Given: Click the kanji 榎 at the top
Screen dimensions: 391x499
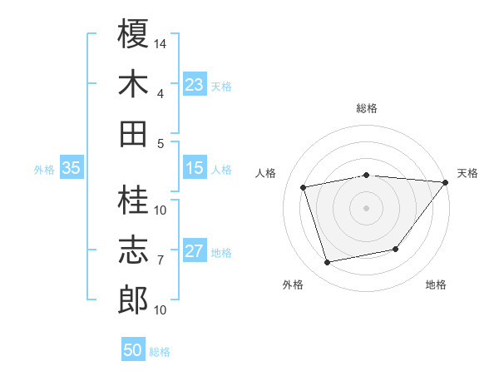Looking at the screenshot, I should [x=133, y=35].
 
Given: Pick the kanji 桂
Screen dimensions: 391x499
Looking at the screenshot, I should [x=133, y=201].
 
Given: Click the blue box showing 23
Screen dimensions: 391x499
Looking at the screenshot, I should [x=195, y=85].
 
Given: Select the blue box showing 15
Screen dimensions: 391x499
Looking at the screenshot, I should [x=195, y=168].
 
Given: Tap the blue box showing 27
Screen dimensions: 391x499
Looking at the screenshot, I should [x=195, y=251].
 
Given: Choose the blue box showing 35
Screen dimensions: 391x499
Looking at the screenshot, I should [x=71, y=168].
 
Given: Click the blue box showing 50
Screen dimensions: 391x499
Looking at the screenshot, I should [x=133, y=350].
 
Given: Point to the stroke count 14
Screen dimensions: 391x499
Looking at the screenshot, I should [x=161, y=42].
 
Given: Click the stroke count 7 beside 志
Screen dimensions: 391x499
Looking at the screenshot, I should [x=160, y=260].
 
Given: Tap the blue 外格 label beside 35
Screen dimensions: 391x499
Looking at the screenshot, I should [x=44, y=169].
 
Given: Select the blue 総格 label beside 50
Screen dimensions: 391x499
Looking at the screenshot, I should [x=160, y=351].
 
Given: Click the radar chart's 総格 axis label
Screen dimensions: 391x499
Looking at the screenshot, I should [x=367, y=108].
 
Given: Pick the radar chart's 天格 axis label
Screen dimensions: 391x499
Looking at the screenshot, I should [x=467, y=173].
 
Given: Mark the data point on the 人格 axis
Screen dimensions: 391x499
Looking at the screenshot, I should [x=304, y=186].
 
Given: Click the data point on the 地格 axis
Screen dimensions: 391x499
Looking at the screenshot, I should [x=396, y=249].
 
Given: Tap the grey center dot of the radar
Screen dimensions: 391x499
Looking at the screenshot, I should [x=366, y=207].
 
